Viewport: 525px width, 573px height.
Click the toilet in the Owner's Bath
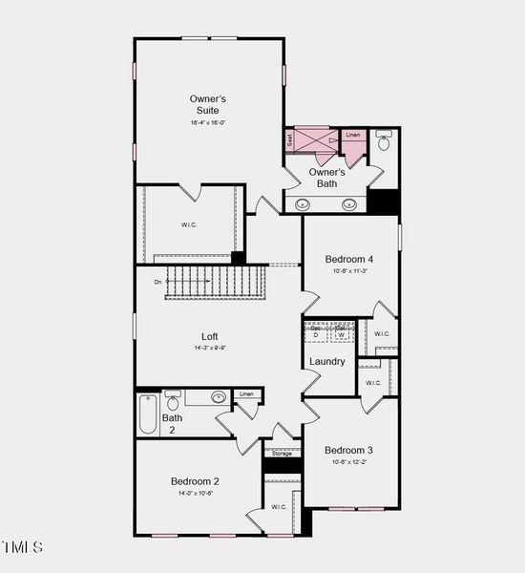click(x=384, y=142)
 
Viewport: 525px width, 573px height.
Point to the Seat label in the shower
click(x=290, y=139)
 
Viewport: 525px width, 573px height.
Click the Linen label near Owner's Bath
click(x=353, y=136)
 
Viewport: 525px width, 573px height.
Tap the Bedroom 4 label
click(x=348, y=259)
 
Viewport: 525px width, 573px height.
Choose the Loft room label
click(x=209, y=336)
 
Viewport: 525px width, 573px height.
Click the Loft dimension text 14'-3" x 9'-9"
click(x=209, y=348)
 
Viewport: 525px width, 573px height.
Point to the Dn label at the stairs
click(x=157, y=282)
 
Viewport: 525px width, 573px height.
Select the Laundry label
click(x=326, y=361)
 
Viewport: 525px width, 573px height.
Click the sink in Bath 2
click(x=219, y=396)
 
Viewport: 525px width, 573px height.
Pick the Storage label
click(x=282, y=454)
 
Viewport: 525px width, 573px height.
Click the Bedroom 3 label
click(x=348, y=450)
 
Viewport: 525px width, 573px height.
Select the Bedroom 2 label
click(x=196, y=481)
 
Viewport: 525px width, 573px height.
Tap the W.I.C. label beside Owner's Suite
click(x=189, y=225)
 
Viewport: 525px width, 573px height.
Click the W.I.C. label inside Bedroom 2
click(x=279, y=507)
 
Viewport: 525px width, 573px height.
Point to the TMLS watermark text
click(x=23, y=547)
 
